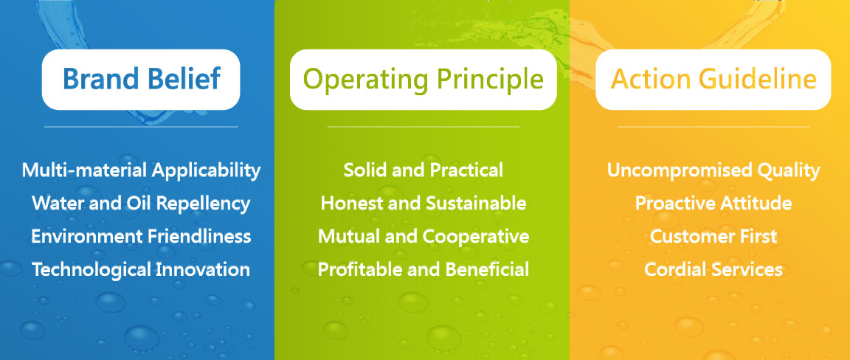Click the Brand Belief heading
coord(142,79)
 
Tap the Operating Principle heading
coord(423,80)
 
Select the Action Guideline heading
coord(713,79)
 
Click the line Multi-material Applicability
coord(141,170)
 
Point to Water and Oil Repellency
coord(141,204)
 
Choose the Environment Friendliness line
coord(141,236)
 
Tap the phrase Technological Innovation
coord(141,270)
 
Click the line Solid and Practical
coord(424,170)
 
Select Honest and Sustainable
coord(424,204)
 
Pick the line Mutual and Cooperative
coord(424,237)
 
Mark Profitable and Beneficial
coord(424,269)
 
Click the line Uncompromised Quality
coord(713,171)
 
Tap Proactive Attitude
coord(713,204)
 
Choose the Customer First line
coord(713,236)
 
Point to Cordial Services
coord(713,269)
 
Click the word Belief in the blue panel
coord(185,79)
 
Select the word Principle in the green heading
coord(491,80)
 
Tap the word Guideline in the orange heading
coord(758,79)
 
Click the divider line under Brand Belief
coord(141,127)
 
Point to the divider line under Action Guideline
coord(713,127)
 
